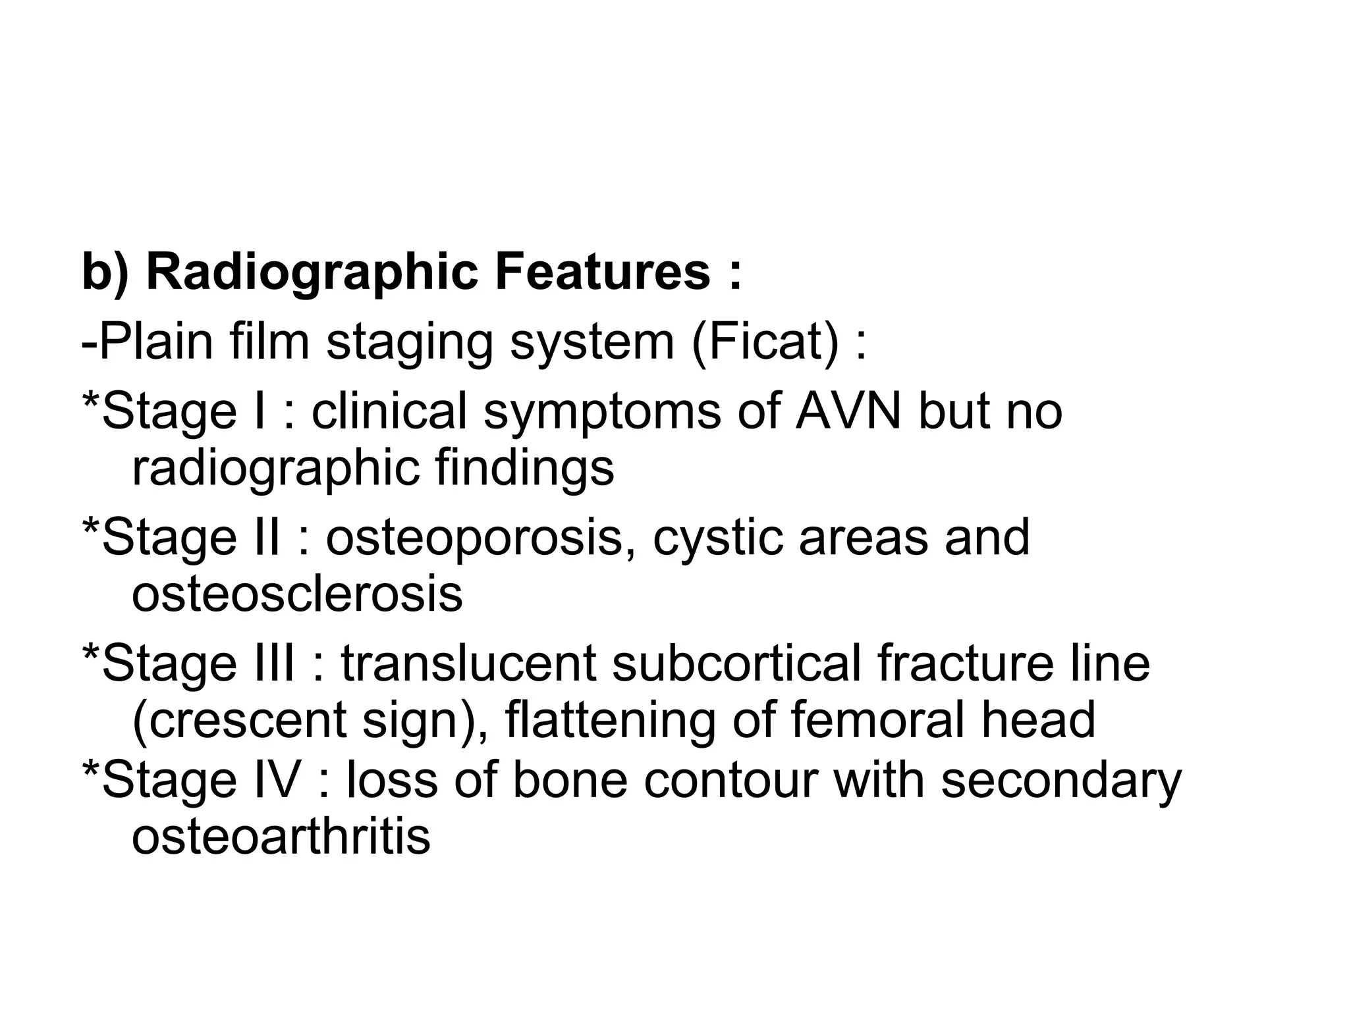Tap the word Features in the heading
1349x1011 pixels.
click(x=603, y=272)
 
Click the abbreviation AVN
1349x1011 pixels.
click(x=848, y=411)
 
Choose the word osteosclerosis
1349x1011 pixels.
click(x=297, y=594)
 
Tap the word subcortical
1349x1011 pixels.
click(x=736, y=663)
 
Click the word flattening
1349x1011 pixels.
click(x=610, y=720)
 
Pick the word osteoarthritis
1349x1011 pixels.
click(x=281, y=837)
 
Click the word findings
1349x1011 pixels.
click(x=524, y=468)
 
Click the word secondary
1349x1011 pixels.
click(x=1060, y=781)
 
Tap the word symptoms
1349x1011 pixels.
click(x=602, y=411)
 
